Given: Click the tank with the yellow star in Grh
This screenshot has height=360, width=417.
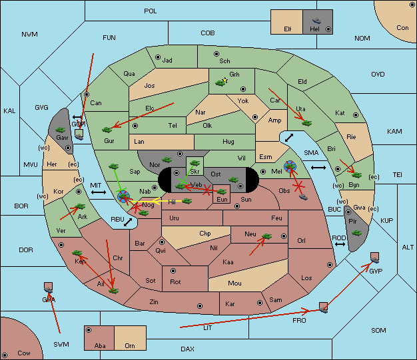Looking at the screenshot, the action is (x=220, y=83).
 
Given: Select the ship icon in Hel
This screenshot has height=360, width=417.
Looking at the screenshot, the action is (x=316, y=21).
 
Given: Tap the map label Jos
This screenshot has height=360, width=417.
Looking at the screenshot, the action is (x=149, y=86).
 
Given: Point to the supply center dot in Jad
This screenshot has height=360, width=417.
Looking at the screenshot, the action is (x=158, y=57).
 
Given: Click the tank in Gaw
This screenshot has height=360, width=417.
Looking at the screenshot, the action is (x=61, y=130).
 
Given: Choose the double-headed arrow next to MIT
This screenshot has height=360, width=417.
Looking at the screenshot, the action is (x=99, y=192).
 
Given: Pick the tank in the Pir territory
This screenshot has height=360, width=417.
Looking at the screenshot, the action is (x=356, y=234).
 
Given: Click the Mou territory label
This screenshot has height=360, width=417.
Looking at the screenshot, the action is (x=235, y=283).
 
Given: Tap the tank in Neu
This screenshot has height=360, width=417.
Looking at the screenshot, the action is (x=266, y=236).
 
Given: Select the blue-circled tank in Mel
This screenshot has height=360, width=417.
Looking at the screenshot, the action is (x=290, y=166).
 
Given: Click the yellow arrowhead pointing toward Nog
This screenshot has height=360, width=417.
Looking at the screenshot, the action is (x=157, y=201).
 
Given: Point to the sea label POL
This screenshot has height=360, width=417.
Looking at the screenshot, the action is (x=151, y=11).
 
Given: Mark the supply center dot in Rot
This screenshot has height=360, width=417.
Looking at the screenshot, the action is (x=173, y=271).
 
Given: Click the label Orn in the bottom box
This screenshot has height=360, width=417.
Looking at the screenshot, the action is (x=130, y=345).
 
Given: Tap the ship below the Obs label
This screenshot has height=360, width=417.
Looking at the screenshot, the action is (x=303, y=197).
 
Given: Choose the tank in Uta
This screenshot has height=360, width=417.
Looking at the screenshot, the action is (x=306, y=123).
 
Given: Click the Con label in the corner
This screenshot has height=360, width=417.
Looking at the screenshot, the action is (x=402, y=28).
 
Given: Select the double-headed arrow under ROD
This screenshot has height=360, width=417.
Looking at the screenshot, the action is (x=340, y=244).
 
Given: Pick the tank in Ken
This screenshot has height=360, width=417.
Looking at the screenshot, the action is (x=77, y=253).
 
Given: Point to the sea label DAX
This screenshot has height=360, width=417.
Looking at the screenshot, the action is (x=187, y=349).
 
